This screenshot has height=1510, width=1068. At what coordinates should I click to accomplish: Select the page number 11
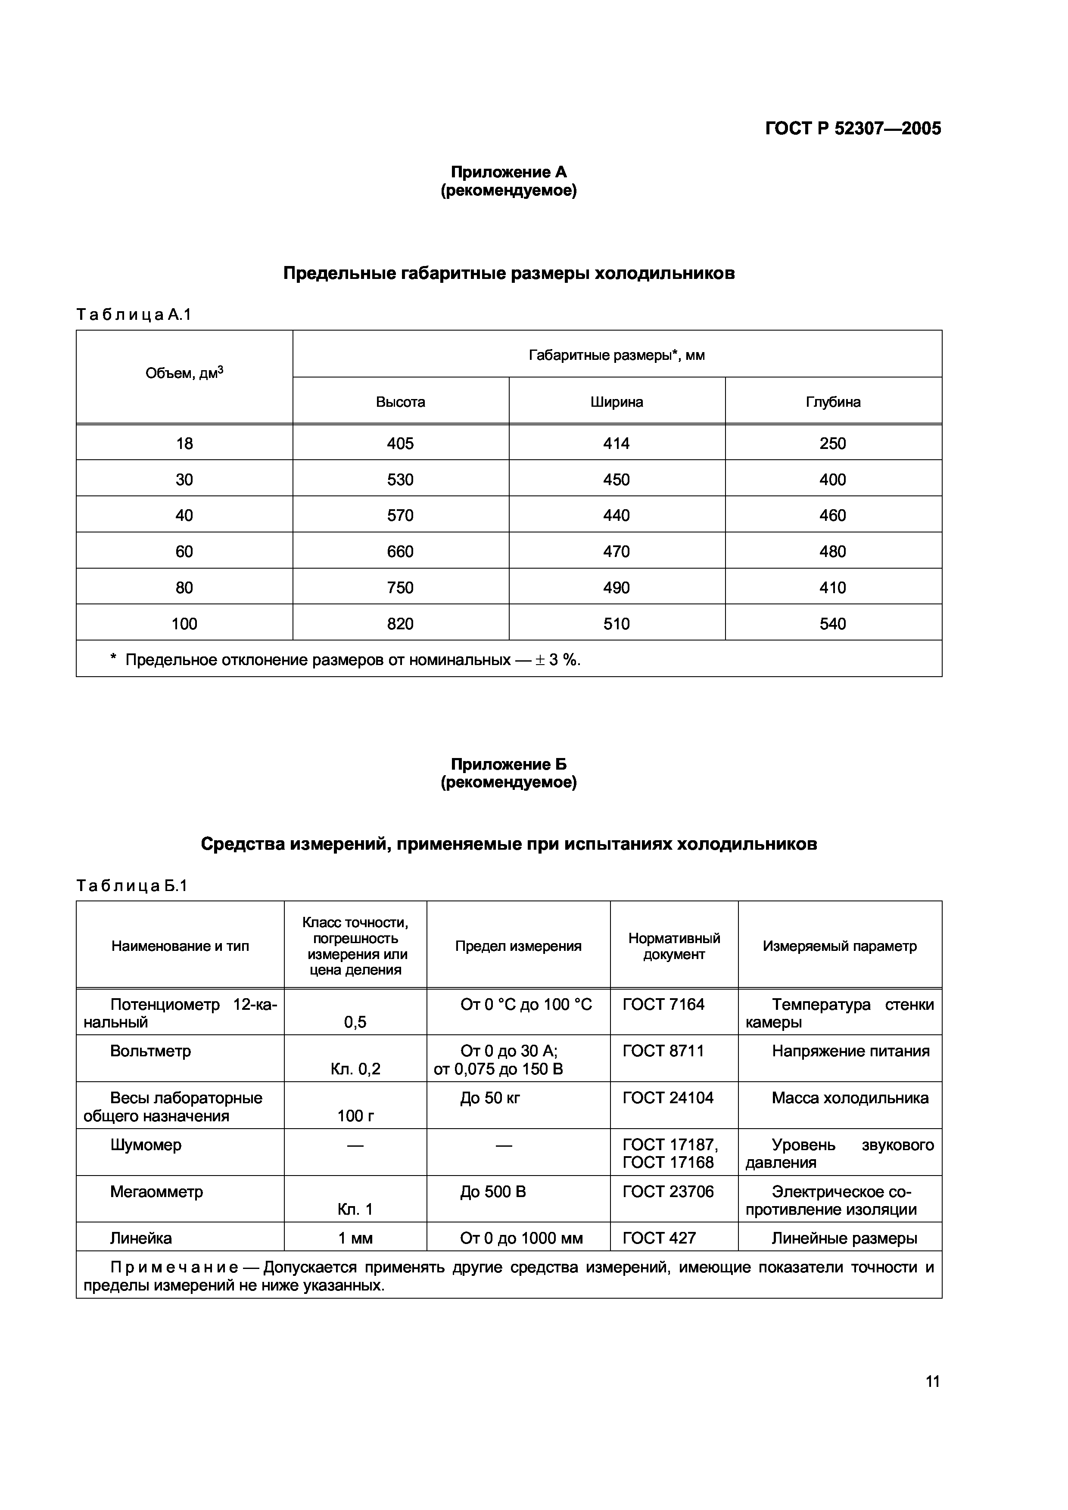932,1381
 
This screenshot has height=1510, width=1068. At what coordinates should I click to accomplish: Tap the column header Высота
400,402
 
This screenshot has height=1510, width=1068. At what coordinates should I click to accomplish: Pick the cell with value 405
400,443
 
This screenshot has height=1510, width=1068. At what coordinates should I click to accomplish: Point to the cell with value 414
616,443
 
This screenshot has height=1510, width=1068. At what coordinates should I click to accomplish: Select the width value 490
616,587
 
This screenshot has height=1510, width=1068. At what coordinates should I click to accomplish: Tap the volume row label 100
184,623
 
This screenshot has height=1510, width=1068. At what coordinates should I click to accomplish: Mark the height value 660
400,551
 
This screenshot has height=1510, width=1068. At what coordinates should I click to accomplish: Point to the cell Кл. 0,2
355,1069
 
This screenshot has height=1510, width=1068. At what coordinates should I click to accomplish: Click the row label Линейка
141,1238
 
